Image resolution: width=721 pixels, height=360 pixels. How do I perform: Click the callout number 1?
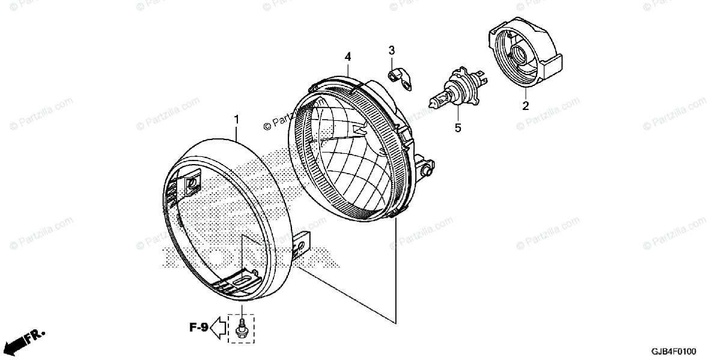236,120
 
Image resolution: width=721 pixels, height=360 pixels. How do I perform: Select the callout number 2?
525,106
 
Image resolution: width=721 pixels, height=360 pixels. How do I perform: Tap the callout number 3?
391,49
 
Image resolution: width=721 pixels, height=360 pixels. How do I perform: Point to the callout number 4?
347,56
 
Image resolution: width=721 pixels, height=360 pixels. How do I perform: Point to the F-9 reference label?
199,328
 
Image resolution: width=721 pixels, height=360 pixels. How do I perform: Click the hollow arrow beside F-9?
220,328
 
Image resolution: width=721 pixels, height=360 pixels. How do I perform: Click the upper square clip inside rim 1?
193,183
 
